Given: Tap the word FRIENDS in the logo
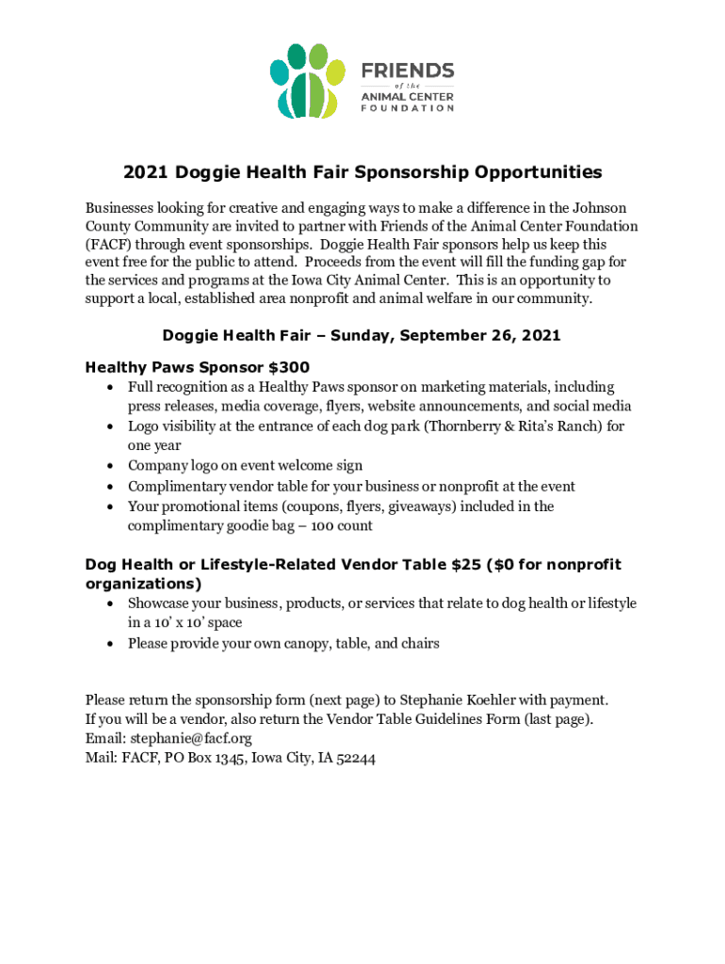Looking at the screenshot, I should click(408, 71).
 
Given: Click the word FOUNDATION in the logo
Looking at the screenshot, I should click(408, 107).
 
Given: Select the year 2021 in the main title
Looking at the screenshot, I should click(145, 173).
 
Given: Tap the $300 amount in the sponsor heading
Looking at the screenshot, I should click(289, 366).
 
